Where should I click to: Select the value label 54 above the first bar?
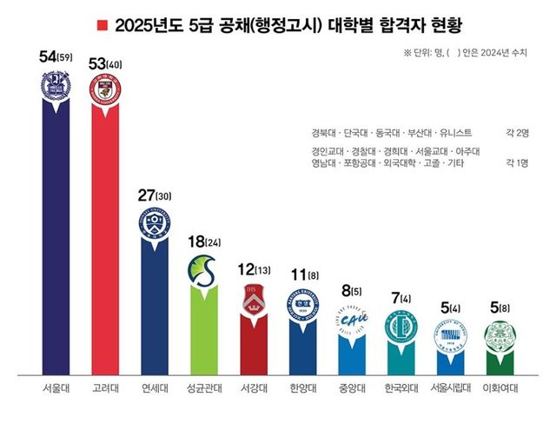coord(50,57)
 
